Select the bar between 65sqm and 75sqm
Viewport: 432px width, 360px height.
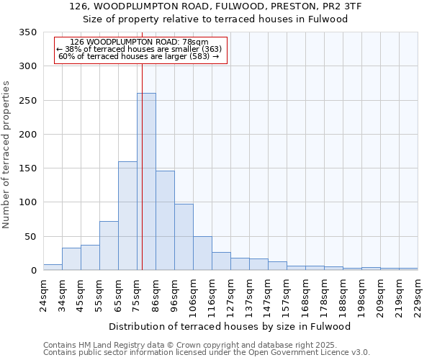click(127, 216)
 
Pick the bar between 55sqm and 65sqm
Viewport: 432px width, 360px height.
click(109, 246)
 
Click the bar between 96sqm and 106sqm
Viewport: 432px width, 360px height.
click(184, 237)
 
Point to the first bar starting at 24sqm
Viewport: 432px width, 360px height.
click(53, 267)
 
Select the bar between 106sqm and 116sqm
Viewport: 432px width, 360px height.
click(202, 253)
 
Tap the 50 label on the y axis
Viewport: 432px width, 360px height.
click(30, 236)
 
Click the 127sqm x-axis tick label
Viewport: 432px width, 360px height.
click(230, 294)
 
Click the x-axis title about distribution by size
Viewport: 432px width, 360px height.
click(230, 326)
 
